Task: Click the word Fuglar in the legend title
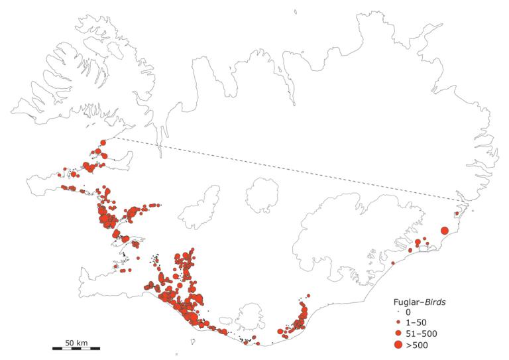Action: coord(408,302)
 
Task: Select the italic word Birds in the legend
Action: coord(435,302)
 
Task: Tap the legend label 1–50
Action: coord(418,322)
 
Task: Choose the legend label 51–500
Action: coord(422,333)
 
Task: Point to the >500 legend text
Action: coord(418,345)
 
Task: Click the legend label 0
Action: coord(409,312)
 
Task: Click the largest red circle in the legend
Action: coord(398,345)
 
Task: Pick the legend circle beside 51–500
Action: coord(398,333)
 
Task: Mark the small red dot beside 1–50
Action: coord(398,322)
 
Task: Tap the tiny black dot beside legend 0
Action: coord(398,312)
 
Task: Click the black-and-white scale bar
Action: coord(76,347)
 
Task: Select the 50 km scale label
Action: coord(76,341)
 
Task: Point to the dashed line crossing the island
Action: coord(285,170)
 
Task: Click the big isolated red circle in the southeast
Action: coord(444,230)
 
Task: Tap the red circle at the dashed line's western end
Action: coord(103,142)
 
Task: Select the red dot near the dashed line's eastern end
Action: coord(456,213)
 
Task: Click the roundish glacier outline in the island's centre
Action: coord(262,195)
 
